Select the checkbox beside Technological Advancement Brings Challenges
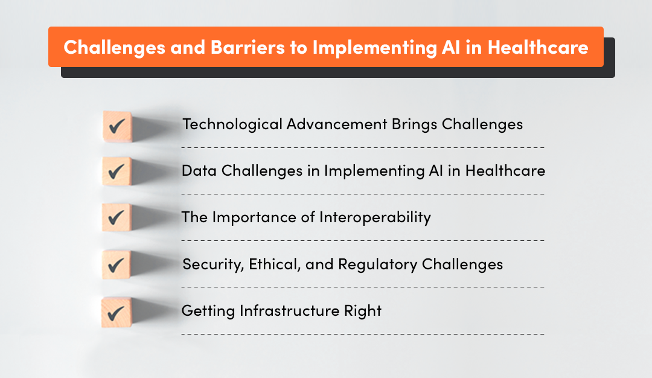pyautogui.click(x=116, y=126)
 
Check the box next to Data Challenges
pyautogui.click(x=116, y=172)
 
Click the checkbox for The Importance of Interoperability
pyautogui.click(x=116, y=218)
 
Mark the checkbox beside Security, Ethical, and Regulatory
pyautogui.click(x=116, y=264)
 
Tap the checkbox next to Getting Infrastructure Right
pyautogui.click(x=116, y=312)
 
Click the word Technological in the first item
pyautogui.click(x=232, y=124)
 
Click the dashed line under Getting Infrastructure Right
pyautogui.click(x=362, y=333)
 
